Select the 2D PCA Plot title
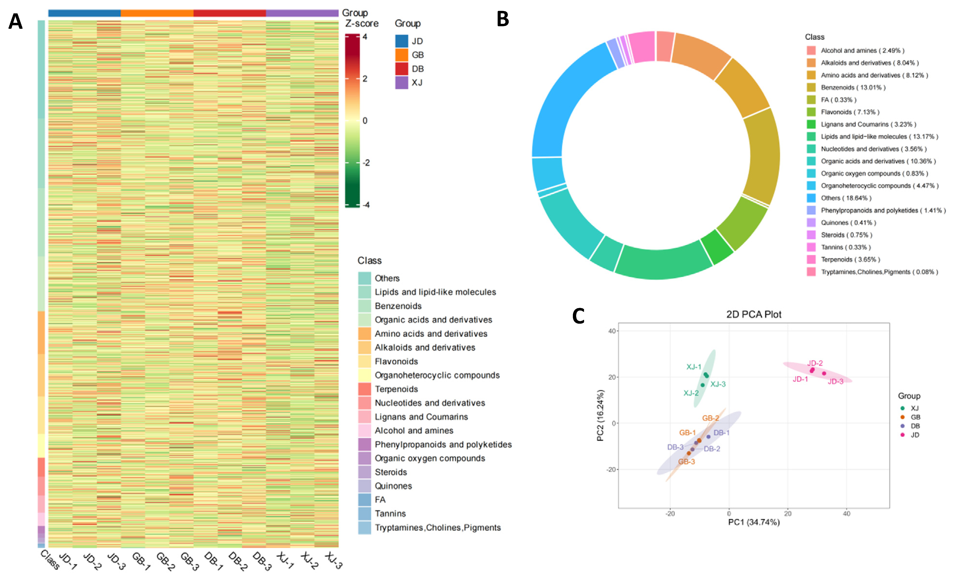click(753, 314)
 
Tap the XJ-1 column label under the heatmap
click(285, 560)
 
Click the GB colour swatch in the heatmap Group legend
click(402, 55)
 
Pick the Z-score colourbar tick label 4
click(365, 37)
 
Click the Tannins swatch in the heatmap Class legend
click(364, 513)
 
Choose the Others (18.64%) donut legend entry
click(846, 198)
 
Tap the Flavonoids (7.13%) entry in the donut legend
click(850, 112)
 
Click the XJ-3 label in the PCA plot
click(718, 384)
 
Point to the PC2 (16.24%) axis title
click(600, 416)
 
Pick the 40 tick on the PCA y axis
click(611, 331)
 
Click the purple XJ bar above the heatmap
click(302, 13)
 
